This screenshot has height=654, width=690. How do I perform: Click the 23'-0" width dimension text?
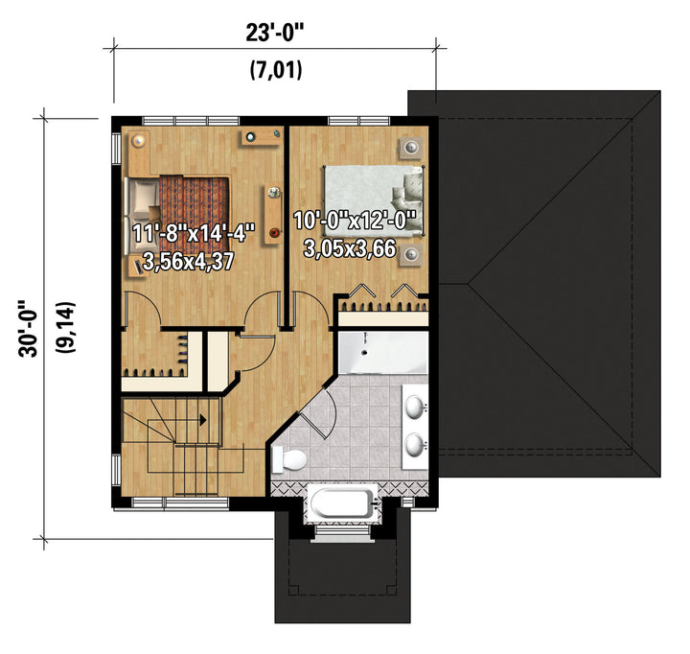(x=275, y=33)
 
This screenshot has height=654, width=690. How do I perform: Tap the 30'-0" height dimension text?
(x=29, y=329)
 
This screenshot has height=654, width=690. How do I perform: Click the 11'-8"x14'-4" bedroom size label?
(x=194, y=233)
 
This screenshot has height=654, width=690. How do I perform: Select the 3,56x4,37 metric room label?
(x=189, y=262)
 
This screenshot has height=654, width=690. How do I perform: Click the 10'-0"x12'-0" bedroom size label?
(x=355, y=221)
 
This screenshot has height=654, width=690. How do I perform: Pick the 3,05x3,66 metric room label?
(x=350, y=248)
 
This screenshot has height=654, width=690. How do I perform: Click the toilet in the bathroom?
(x=289, y=459)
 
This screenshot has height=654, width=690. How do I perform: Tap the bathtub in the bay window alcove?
(x=342, y=503)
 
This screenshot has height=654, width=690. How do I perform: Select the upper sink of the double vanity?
(x=414, y=407)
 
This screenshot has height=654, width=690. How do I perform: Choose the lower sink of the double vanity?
(x=414, y=445)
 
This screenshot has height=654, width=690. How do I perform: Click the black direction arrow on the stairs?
(x=203, y=420)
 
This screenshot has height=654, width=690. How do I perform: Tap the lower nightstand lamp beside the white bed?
(x=411, y=254)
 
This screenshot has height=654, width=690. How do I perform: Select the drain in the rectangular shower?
(x=364, y=352)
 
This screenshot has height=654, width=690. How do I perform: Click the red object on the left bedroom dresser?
(x=274, y=232)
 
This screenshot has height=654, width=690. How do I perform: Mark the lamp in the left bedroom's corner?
(x=139, y=141)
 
